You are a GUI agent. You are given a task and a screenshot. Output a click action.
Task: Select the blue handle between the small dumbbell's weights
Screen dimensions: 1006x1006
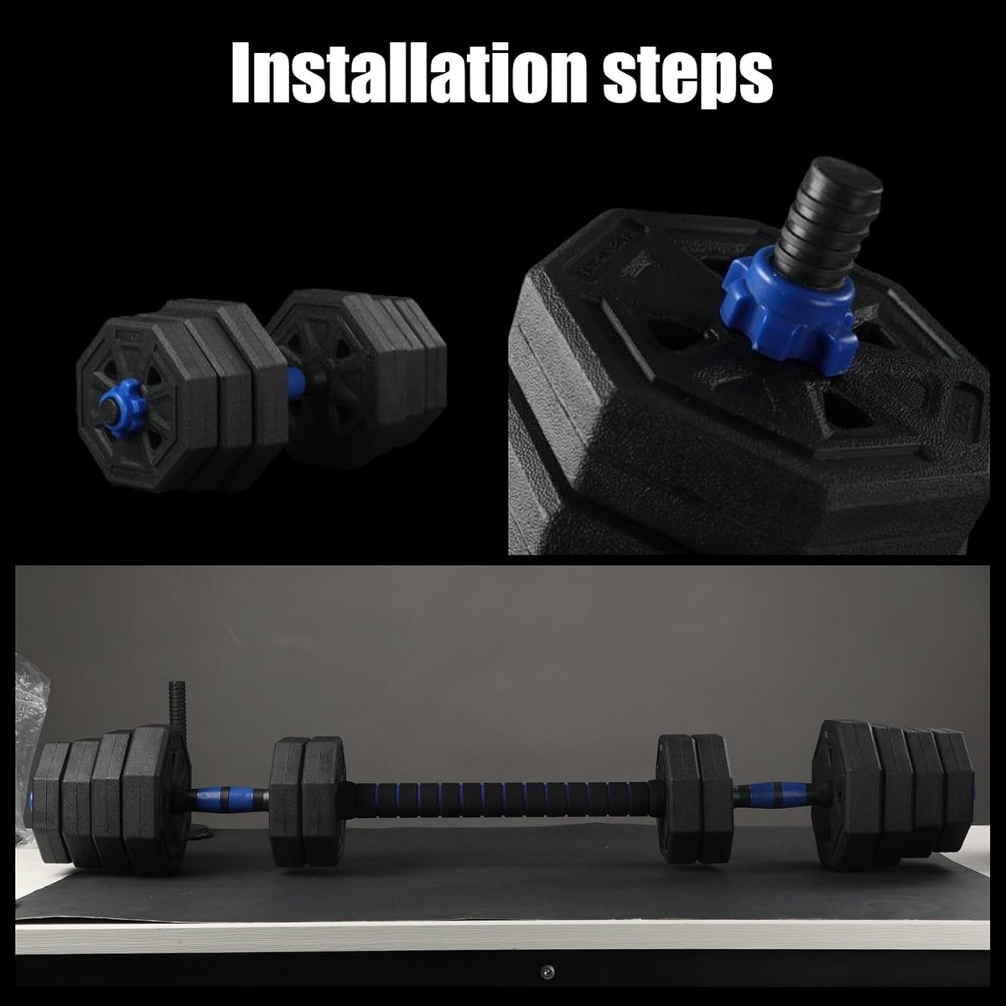(x=295, y=382)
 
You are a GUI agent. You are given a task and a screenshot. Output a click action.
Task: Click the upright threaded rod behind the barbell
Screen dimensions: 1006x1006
(x=176, y=707)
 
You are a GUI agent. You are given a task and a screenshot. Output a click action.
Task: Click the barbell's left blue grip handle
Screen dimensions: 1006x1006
(x=228, y=798)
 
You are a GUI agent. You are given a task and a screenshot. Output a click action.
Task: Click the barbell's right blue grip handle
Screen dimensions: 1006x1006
(x=770, y=795)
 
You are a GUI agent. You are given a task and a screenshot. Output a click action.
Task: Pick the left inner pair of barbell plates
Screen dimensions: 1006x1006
(x=308, y=802)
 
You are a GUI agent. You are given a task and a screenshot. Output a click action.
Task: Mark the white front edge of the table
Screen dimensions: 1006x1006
(x=502, y=936)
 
